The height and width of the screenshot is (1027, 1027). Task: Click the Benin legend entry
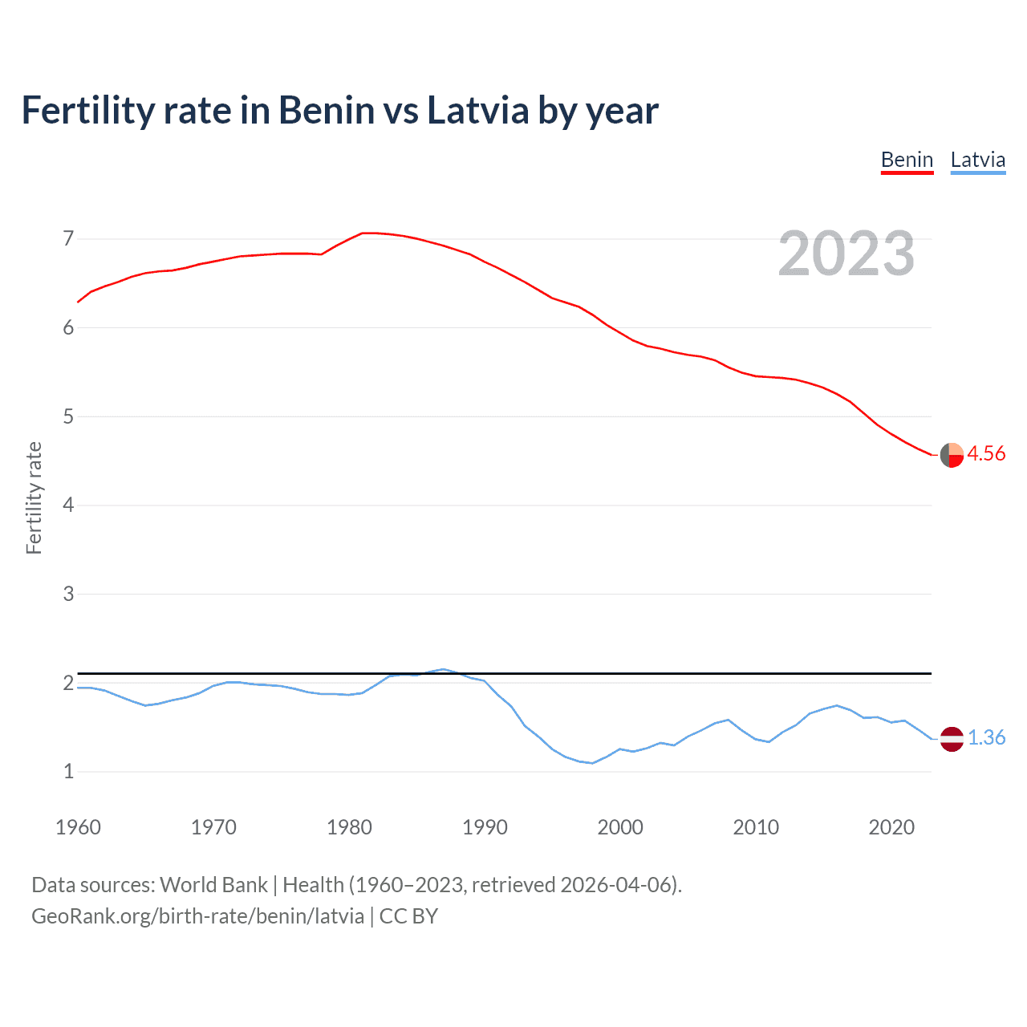click(x=907, y=160)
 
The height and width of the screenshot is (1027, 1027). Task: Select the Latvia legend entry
click(x=977, y=160)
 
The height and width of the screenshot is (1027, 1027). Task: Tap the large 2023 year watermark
click(x=846, y=254)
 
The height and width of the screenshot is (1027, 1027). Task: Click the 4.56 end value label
click(x=986, y=453)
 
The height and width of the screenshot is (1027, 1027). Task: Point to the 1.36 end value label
click(x=986, y=737)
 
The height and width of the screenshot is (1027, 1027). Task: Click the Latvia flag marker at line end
click(x=952, y=738)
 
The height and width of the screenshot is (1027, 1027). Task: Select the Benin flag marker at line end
click(x=952, y=454)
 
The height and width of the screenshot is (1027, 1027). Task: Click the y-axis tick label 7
click(x=68, y=238)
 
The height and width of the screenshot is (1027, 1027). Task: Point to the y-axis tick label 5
click(x=68, y=416)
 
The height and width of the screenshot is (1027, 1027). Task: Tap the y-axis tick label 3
click(x=68, y=594)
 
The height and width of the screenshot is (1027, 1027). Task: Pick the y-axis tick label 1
click(x=68, y=771)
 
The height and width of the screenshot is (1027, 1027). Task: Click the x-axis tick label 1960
click(x=78, y=827)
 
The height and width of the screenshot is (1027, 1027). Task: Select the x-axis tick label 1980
click(x=349, y=827)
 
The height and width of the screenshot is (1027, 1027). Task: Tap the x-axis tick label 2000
click(x=620, y=827)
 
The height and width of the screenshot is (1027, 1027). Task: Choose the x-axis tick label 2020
click(x=891, y=827)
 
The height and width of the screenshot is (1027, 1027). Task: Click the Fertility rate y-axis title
click(x=34, y=497)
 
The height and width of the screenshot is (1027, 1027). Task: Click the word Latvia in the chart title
click(x=477, y=110)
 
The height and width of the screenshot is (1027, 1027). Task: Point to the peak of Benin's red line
click(x=365, y=233)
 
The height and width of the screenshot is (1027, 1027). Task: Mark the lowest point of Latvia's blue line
click(x=592, y=763)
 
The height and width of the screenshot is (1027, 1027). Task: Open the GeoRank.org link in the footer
click(x=197, y=916)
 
